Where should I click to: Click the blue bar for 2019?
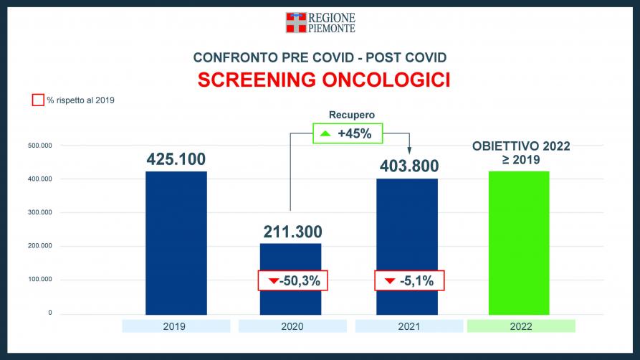click(x=176, y=242)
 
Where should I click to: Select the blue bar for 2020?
click(x=290, y=279)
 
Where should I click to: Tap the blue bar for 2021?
click(x=407, y=247)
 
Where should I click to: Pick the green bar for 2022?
click(x=519, y=242)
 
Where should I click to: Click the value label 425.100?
click(x=176, y=159)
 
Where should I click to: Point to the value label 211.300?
click(x=292, y=232)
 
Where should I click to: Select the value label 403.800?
click(x=409, y=166)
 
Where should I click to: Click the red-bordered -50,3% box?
click(x=292, y=280)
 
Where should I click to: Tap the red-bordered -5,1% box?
click(x=409, y=280)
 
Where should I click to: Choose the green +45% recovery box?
click(x=348, y=133)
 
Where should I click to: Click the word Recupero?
click(x=352, y=115)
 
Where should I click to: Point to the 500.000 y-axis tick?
click(x=40, y=146)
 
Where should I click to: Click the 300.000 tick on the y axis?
click(x=40, y=212)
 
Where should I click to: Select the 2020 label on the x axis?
click(x=292, y=326)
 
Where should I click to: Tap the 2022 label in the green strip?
click(x=521, y=326)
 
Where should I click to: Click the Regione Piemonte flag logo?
click(x=296, y=22)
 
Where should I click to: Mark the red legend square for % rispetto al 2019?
click(x=38, y=100)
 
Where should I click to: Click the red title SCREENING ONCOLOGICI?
click(x=324, y=80)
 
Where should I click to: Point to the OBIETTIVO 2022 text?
click(x=521, y=146)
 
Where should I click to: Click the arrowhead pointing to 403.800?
click(x=409, y=151)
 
